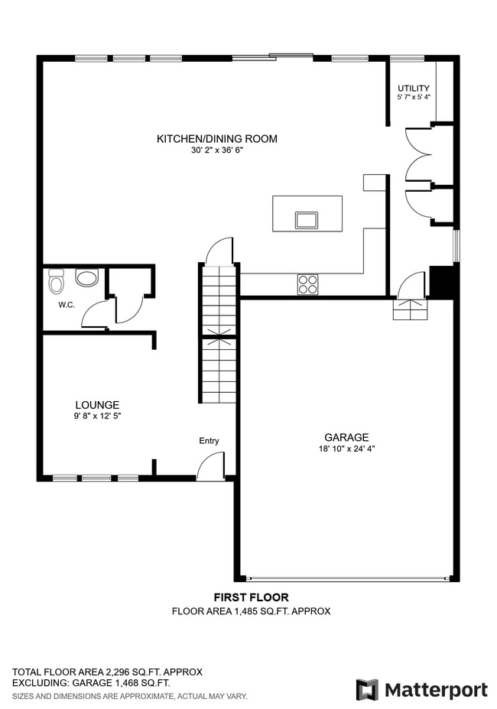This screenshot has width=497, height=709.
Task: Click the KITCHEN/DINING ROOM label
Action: click(x=216, y=139)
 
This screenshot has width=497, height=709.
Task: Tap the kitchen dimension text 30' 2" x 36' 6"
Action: click(x=216, y=151)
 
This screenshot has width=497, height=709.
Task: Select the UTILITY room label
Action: click(x=413, y=89)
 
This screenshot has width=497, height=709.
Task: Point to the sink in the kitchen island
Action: click(x=307, y=220)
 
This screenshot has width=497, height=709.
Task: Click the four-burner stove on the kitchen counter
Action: click(x=307, y=284)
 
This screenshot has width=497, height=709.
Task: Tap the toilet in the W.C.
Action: click(x=56, y=283)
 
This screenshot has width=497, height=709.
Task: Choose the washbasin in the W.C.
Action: click(x=86, y=277)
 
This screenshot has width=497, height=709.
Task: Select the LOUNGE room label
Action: click(x=97, y=405)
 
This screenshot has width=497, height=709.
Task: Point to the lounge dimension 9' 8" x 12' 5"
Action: click(x=97, y=416)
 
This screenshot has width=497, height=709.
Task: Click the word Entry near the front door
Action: click(x=209, y=441)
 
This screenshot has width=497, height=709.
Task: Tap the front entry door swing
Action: click(x=210, y=467)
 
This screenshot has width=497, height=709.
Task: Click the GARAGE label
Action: click(x=346, y=438)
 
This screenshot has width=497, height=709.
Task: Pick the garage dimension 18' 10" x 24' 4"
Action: click(x=346, y=449)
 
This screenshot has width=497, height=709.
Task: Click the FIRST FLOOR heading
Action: click(x=251, y=597)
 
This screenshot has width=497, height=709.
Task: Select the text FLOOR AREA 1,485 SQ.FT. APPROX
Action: click(x=251, y=611)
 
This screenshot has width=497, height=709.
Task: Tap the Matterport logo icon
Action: click(x=367, y=690)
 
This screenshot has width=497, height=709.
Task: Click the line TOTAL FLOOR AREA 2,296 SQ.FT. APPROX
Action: click(x=107, y=672)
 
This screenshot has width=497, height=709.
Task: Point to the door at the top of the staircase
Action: click(x=219, y=251)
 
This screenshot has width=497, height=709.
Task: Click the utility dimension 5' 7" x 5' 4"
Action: click(x=413, y=98)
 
